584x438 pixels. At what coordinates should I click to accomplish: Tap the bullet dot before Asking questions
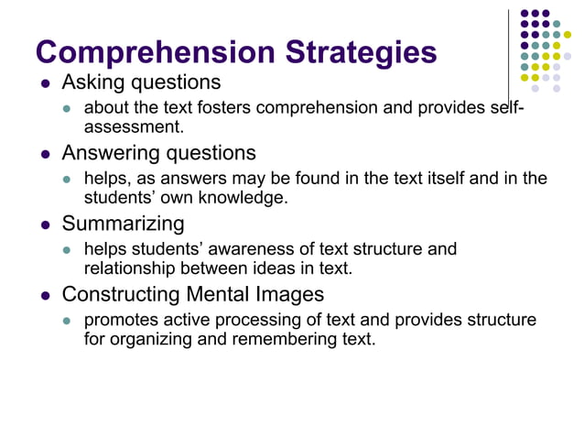coord(46,83)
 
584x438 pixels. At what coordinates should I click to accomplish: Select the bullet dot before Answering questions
coord(46,153)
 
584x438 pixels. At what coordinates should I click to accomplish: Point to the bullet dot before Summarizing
coord(46,224)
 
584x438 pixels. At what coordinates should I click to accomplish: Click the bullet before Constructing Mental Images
coord(46,295)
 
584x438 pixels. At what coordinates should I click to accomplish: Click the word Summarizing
coord(123,224)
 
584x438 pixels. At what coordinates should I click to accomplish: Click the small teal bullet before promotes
coord(66,321)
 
